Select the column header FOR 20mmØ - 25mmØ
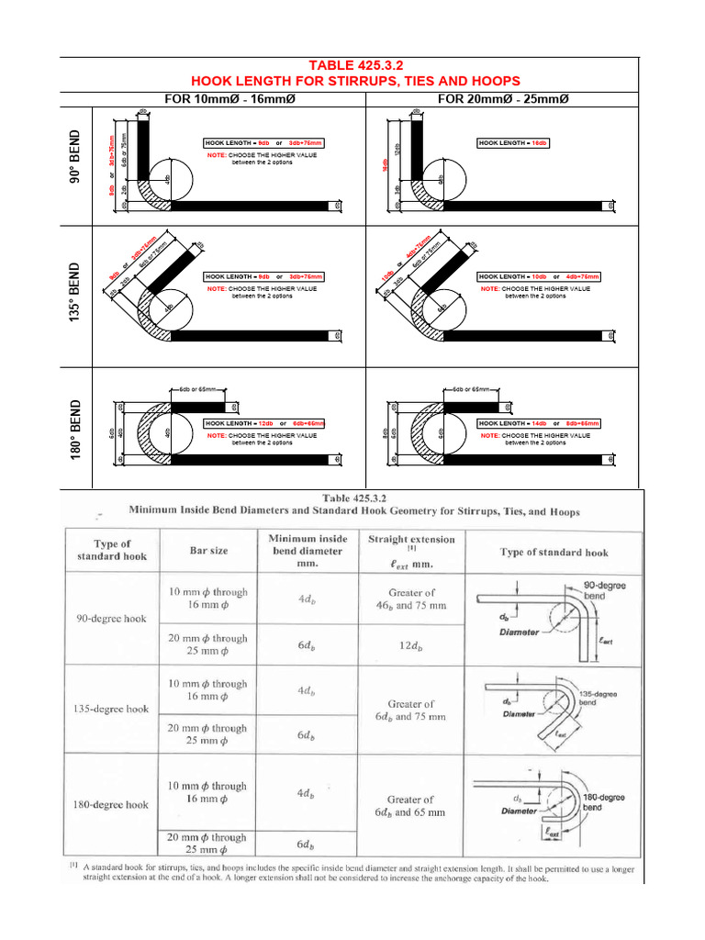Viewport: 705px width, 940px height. (502, 98)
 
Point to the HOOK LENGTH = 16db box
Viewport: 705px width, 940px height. (513, 143)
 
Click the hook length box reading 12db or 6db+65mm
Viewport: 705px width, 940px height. (264, 423)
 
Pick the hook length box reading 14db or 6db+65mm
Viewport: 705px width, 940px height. (538, 423)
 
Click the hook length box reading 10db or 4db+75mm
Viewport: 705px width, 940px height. (539, 276)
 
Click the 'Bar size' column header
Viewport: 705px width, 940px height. (208, 551)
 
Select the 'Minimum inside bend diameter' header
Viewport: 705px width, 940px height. (308, 551)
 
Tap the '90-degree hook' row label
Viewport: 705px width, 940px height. (109, 618)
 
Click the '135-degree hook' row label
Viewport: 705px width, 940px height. (111, 709)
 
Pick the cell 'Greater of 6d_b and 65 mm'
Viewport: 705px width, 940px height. (410, 805)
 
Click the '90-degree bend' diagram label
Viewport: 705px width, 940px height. (606, 589)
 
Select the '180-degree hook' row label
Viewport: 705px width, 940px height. (111, 804)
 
